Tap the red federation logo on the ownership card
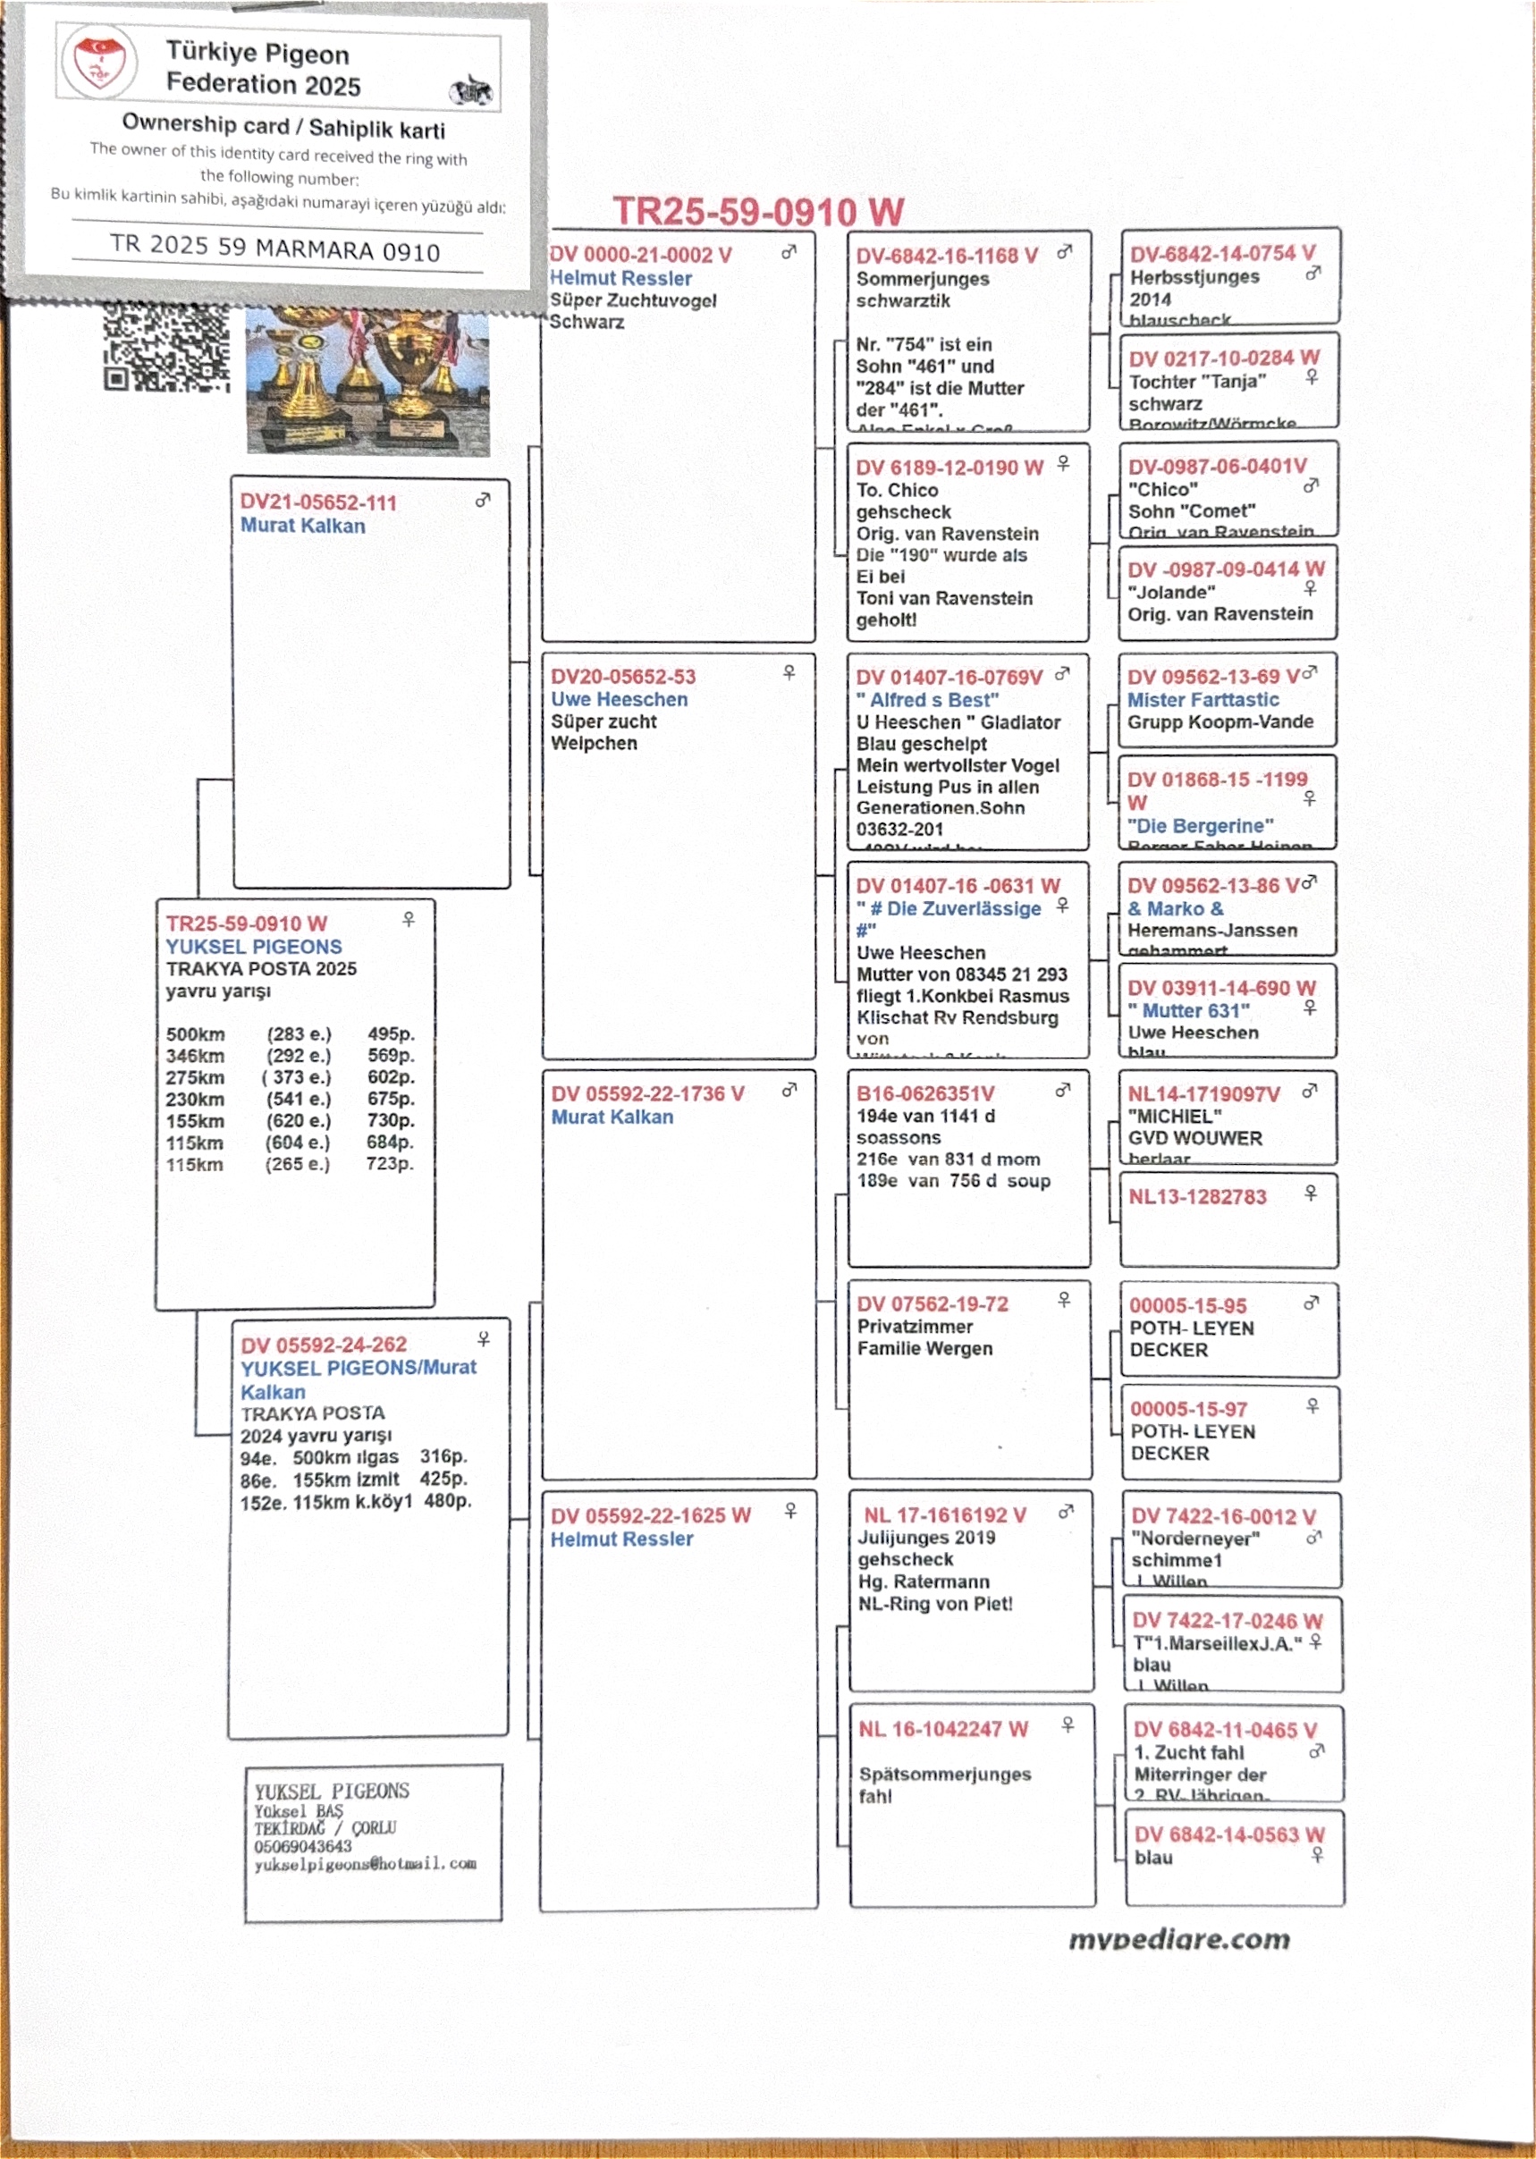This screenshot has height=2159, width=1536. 98,63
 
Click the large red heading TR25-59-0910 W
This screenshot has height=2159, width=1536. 757,212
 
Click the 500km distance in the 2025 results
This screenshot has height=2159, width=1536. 195,1033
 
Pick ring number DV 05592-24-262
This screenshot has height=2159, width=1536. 323,1345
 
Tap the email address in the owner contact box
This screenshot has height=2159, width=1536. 364,1864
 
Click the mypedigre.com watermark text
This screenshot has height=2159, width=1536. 1178,1940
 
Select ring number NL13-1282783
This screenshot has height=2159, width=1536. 1196,1197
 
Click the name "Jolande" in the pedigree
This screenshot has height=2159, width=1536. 1171,592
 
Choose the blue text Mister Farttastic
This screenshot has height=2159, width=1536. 1203,700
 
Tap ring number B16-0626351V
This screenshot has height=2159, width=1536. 925,1094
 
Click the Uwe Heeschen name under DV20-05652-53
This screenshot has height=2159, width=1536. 619,700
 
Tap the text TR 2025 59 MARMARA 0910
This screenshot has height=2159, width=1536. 274,249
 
